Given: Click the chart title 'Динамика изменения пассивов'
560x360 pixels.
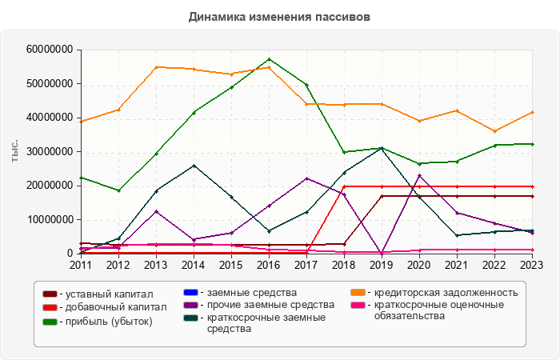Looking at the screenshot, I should click(280, 16).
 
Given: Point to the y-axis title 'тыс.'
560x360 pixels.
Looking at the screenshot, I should click(15, 151).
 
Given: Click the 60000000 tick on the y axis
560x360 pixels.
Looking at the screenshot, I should click(50, 50).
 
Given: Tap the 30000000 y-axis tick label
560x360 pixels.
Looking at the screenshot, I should click(50, 151).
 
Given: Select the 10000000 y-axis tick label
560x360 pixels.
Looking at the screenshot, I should click(50, 219).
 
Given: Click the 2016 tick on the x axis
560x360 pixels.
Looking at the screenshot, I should click(269, 265).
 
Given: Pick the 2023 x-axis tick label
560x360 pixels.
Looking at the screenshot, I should click(533, 265).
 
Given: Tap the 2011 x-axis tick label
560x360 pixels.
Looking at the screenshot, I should click(81, 265).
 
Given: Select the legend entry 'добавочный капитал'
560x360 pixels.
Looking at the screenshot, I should click(110, 307).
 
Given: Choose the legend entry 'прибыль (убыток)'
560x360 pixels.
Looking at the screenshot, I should click(105, 321).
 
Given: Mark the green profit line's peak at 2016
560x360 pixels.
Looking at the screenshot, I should click(269, 59).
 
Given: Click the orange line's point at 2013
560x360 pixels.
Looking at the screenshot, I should click(156, 67).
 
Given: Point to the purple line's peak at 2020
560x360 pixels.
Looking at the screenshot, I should click(420, 175).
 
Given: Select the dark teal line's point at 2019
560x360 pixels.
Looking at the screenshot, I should click(382, 148).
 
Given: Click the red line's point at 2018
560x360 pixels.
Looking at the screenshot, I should click(345, 186).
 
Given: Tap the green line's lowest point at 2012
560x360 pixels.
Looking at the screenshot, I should click(118, 190).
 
